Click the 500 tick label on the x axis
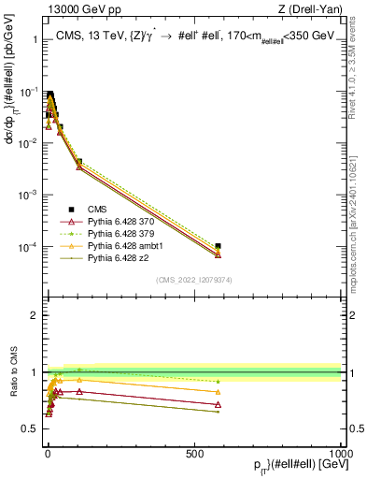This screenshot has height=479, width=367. [194, 452]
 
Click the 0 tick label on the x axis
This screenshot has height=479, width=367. [47, 452]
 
